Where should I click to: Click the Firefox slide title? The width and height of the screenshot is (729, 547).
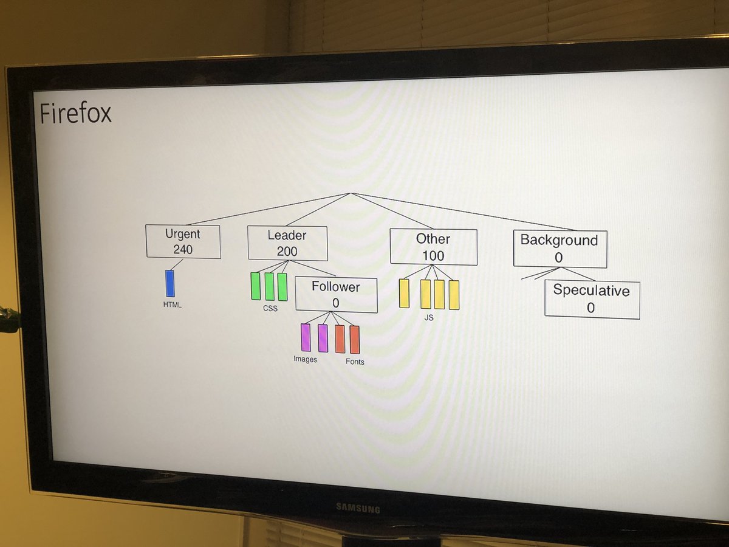(x=75, y=114)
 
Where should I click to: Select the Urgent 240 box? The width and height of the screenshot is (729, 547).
(x=183, y=241)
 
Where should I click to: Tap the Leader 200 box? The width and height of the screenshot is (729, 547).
(x=287, y=243)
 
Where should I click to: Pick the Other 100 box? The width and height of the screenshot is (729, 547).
(x=433, y=247)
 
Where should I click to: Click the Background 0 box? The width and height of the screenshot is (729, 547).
(x=560, y=249)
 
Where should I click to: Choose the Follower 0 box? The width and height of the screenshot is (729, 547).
(x=336, y=295)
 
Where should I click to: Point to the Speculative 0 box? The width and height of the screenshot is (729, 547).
(x=592, y=299)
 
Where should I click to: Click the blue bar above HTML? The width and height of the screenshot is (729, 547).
(x=170, y=284)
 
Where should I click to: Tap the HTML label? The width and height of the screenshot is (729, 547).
(x=172, y=305)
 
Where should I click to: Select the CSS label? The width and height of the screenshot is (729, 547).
(x=270, y=309)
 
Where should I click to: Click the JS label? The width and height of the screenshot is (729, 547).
(x=429, y=317)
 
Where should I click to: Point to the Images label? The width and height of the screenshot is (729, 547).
(x=305, y=359)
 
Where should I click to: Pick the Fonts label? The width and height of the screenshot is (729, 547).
(x=355, y=362)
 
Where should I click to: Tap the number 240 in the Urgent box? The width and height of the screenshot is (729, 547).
(x=183, y=249)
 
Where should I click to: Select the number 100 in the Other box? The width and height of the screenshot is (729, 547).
(x=433, y=256)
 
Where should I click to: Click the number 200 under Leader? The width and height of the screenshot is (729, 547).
(x=287, y=251)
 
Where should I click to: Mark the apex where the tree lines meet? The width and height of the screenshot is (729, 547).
(x=351, y=193)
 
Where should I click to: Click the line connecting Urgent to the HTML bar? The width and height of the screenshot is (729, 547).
(x=176, y=264)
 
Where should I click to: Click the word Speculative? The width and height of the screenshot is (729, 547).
(x=591, y=291)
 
